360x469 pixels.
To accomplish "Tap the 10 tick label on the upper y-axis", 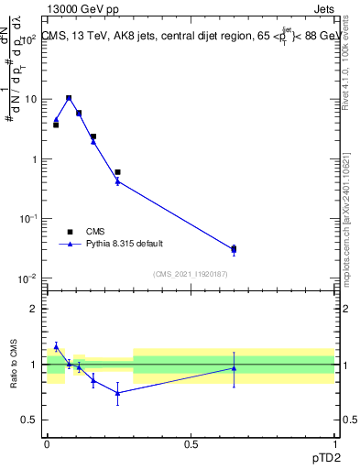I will point(31,99).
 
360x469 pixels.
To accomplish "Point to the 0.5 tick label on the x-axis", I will point(191,444).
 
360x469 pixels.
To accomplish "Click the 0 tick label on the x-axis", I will point(47,444).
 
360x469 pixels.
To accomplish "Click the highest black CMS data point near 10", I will point(69,98).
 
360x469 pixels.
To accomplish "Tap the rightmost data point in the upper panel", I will point(234,249).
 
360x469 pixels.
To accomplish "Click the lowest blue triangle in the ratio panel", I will point(117,393).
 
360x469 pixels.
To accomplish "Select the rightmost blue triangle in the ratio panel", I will point(234,368).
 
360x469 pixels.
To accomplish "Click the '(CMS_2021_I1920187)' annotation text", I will point(191,274).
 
